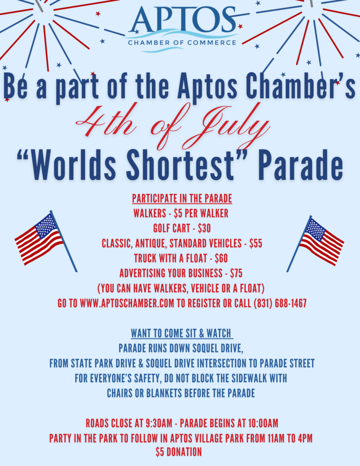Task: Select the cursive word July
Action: [235, 127]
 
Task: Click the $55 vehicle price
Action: [256, 243]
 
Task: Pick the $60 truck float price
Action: [221, 258]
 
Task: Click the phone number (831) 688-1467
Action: [280, 304]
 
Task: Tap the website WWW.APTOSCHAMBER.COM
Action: [127, 304]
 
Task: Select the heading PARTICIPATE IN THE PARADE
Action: [182, 198]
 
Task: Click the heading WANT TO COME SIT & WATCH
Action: [181, 334]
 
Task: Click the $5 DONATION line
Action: [179, 452]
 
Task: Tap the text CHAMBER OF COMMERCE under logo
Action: [182, 43]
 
